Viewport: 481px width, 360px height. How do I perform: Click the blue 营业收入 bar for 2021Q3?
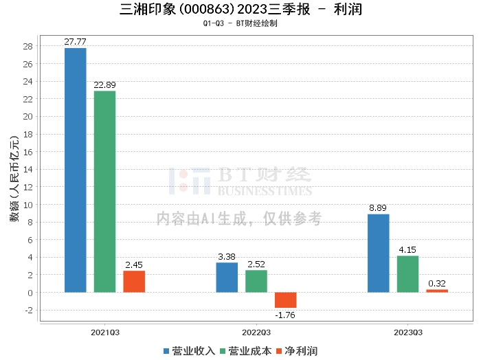(x=75, y=170)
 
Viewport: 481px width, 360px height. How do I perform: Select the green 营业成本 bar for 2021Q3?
(x=104, y=192)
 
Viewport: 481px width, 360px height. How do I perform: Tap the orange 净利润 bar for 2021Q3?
(x=134, y=282)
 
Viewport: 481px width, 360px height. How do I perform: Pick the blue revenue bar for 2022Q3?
(x=227, y=278)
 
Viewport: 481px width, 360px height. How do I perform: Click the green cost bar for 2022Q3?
(x=256, y=281)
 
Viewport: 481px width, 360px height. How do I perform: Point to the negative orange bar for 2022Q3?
(x=286, y=300)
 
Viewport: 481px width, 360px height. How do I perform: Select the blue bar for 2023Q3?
(x=378, y=254)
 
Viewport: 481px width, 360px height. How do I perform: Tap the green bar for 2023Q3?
(x=407, y=274)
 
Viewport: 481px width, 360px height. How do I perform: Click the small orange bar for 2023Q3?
(x=437, y=291)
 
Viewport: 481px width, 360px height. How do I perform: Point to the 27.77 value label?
(x=75, y=42)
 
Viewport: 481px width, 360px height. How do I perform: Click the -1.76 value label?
(x=286, y=315)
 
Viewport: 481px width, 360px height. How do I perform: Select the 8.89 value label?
(x=378, y=208)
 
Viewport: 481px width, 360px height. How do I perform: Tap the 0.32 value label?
(x=437, y=284)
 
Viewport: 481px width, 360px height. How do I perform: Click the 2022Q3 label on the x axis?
(x=256, y=332)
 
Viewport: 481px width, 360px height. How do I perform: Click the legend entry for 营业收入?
(x=190, y=351)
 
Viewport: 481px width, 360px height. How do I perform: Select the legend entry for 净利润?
(x=297, y=351)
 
